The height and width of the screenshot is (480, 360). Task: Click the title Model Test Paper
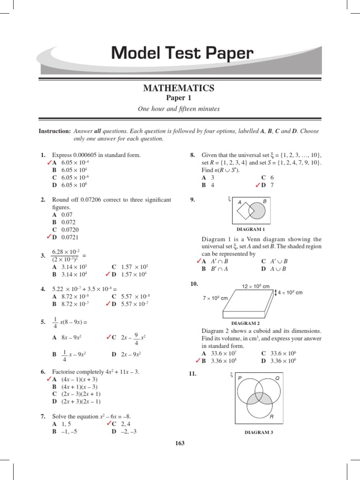pos(182,54)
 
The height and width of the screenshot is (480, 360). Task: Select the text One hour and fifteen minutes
pos(179,109)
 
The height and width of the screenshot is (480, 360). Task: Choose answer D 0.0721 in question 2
pos(64,238)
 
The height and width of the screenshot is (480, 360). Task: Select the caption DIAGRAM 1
pos(251,229)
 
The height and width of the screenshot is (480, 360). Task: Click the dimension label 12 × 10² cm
pos(256,286)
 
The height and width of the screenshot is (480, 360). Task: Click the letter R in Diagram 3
pos(270,416)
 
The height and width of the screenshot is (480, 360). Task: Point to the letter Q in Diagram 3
pos(277,378)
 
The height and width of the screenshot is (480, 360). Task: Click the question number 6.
pos(43,371)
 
